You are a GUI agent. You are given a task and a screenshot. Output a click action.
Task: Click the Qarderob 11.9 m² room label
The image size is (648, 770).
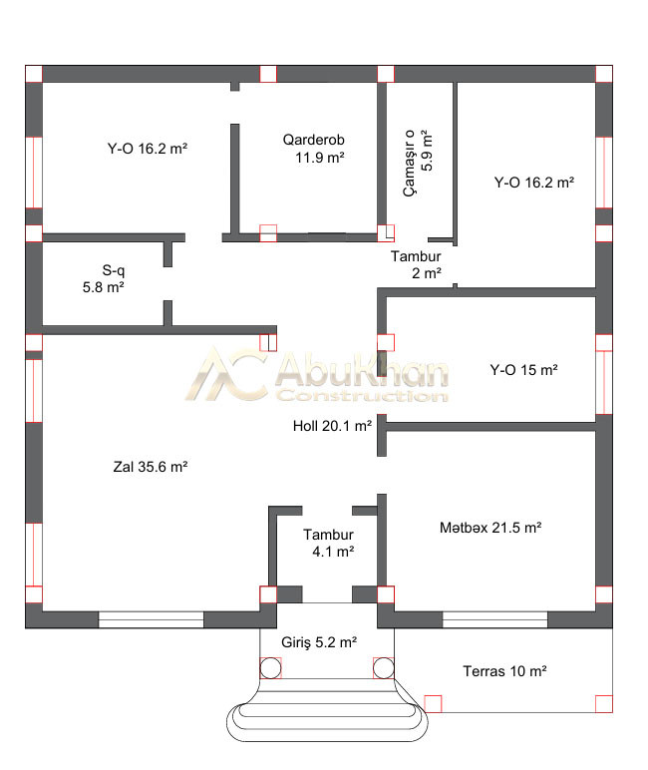pos(314,149)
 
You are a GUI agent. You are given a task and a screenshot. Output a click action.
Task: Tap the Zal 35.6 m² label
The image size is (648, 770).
pos(151,466)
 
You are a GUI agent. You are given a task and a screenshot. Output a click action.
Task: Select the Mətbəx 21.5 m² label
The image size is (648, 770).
pos(490,528)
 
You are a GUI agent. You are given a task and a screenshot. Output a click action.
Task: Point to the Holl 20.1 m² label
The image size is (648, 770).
pos(332,425)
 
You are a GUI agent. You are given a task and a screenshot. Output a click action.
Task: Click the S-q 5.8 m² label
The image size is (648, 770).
pos(104,278)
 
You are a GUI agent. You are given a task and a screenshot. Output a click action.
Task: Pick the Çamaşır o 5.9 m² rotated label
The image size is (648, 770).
pos(419,163)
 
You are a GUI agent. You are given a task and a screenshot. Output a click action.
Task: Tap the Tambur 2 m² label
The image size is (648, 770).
pos(417,264)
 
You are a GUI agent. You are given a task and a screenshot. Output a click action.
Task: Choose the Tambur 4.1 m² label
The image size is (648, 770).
pos(328,543)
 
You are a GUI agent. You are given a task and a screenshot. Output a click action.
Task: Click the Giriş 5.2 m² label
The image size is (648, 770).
pos(319,641)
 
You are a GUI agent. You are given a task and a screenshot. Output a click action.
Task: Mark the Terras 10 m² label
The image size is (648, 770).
pos(504,671)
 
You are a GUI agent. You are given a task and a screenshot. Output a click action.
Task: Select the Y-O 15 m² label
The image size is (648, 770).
pos(523,369)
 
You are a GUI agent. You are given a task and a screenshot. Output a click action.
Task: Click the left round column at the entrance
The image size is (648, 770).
pos(270,668)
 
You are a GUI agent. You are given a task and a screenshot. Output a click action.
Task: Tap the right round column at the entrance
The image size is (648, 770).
pos(384,668)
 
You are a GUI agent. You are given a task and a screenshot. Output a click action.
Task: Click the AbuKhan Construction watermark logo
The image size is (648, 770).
pos(317,374)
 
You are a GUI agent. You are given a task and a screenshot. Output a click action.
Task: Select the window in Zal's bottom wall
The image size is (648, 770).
pos(152,619)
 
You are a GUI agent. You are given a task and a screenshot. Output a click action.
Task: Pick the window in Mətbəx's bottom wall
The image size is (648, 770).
pos(494,619)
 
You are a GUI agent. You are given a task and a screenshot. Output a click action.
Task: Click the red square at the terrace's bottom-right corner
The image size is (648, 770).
pos(604,704)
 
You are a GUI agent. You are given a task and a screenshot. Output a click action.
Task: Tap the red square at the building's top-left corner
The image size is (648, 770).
pos(34,74)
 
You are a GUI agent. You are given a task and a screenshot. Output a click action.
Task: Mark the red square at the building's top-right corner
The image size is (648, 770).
pos(604,74)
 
